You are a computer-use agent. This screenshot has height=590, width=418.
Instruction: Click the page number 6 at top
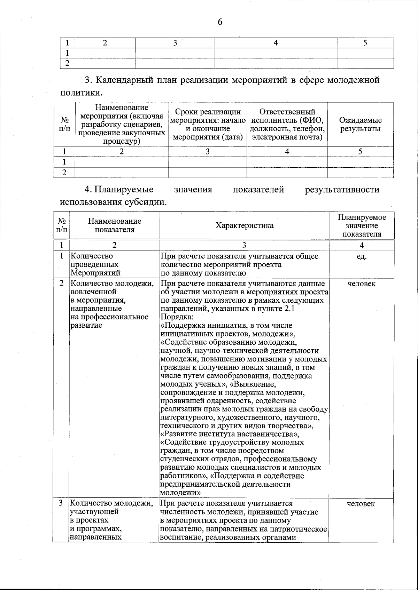tap(220, 22)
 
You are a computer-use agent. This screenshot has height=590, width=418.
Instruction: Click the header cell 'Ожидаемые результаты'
tap(360, 125)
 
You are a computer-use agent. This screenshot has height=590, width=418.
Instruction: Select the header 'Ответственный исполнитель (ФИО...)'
tap(287, 125)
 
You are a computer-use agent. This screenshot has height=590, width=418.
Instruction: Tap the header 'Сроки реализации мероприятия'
tap(208, 125)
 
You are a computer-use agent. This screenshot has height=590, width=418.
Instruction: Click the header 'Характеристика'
tap(244, 225)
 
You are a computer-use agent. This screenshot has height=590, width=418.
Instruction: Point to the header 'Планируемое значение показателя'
tap(362, 225)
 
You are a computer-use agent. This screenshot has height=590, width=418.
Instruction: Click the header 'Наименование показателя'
tap(115, 225)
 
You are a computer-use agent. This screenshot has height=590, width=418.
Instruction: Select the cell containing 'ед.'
tap(362, 256)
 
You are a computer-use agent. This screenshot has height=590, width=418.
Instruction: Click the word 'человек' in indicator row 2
tap(362, 284)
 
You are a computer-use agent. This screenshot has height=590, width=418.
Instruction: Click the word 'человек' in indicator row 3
tap(361, 504)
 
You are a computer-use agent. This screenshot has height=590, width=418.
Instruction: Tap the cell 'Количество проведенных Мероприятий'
tap(95, 264)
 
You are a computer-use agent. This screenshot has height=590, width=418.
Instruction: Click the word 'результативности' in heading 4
tap(342, 190)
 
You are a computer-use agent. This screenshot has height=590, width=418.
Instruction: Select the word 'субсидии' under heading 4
tap(144, 202)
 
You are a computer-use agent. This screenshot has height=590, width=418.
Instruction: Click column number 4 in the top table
tap(276, 43)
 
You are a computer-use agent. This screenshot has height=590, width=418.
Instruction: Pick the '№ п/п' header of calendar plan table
tap(64, 124)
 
